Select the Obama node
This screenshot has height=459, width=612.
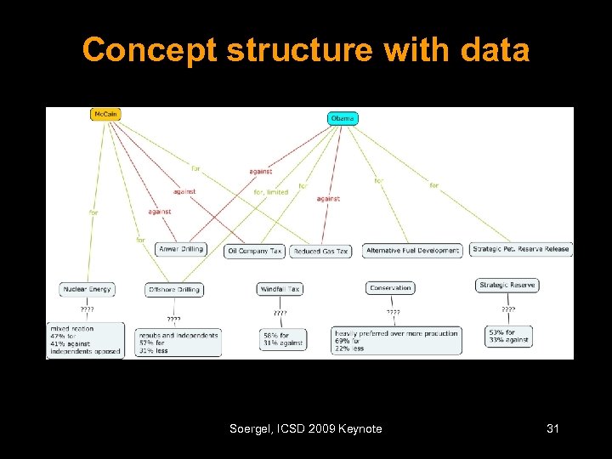pyautogui.click(x=343, y=118)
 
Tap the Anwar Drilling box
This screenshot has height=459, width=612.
pyautogui.click(x=181, y=249)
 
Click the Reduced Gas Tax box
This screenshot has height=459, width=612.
pyautogui.click(x=320, y=252)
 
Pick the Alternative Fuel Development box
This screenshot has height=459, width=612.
pyautogui.click(x=413, y=251)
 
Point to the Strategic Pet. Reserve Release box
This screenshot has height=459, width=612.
pyautogui.click(x=521, y=249)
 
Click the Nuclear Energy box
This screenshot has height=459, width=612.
pyautogui.click(x=87, y=290)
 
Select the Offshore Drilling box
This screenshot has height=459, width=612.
pyautogui.click(x=174, y=290)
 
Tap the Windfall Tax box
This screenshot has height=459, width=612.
pyautogui.click(x=280, y=289)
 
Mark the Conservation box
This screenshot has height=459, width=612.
pyautogui.click(x=390, y=288)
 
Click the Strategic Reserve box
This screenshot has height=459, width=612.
pyautogui.click(x=507, y=286)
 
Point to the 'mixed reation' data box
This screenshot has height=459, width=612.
pyautogui.click(x=85, y=340)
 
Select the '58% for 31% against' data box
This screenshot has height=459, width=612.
pyautogui.click(x=283, y=339)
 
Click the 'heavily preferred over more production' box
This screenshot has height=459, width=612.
pyautogui.click(x=409, y=340)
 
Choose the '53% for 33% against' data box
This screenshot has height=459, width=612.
pyautogui.click(x=510, y=336)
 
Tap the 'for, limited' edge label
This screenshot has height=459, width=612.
pyautogui.click(x=270, y=192)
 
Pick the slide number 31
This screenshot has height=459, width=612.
pyautogui.click(x=552, y=429)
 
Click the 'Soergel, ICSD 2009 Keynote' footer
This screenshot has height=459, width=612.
pyautogui.click(x=306, y=429)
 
